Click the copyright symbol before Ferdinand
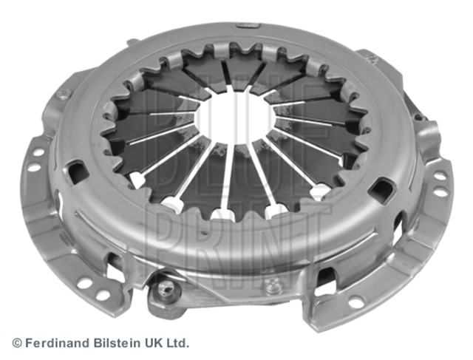point(17,343)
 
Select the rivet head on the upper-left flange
point(64,95)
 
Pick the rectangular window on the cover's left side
point(78,172)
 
